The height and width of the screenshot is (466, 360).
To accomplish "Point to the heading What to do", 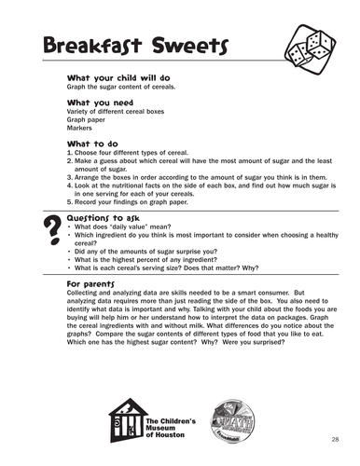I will tap(92, 144).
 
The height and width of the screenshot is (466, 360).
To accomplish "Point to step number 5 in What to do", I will tap(70, 200).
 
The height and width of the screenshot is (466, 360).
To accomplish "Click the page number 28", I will tap(333, 437).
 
